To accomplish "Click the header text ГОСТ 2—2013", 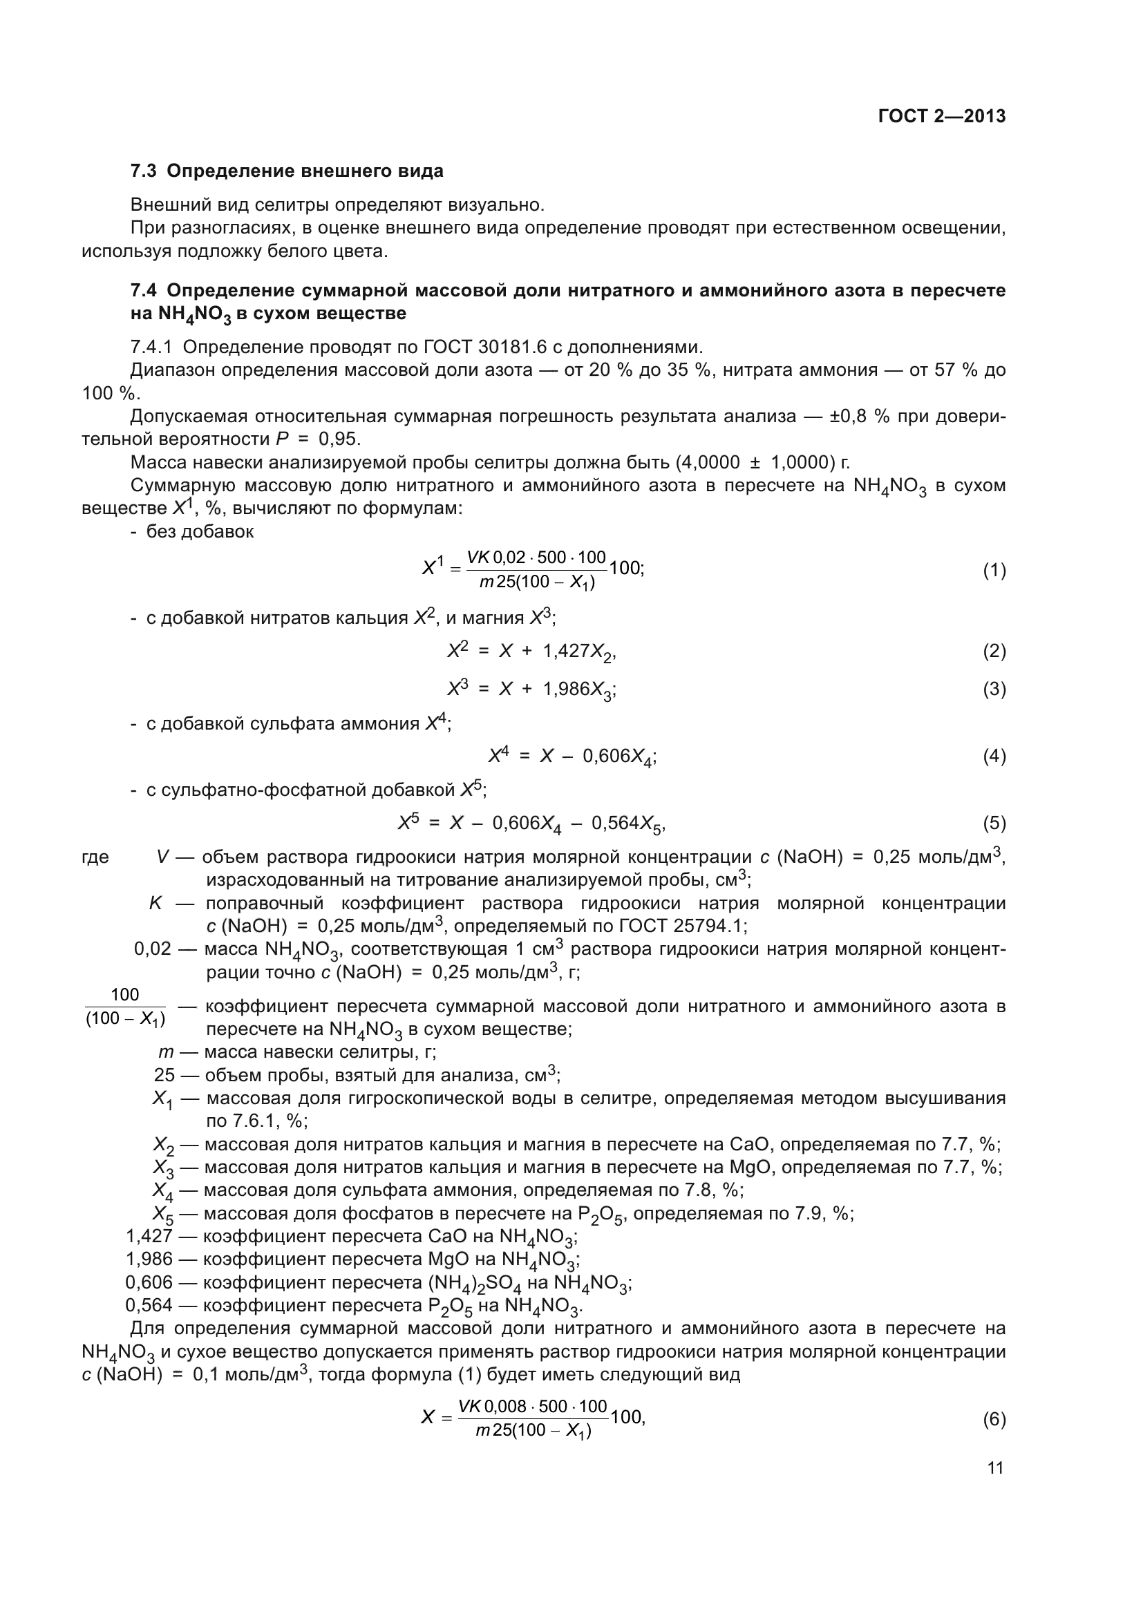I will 942,117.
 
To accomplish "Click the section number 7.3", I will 144,171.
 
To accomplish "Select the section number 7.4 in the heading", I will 144,290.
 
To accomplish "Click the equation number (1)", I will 994,571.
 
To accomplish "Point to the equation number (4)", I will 994,757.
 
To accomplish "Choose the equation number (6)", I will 994,1419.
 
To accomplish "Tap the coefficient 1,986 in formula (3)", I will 566,690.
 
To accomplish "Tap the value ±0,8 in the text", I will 850,416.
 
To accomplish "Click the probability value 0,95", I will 339,439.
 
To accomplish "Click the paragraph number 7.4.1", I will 153,347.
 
